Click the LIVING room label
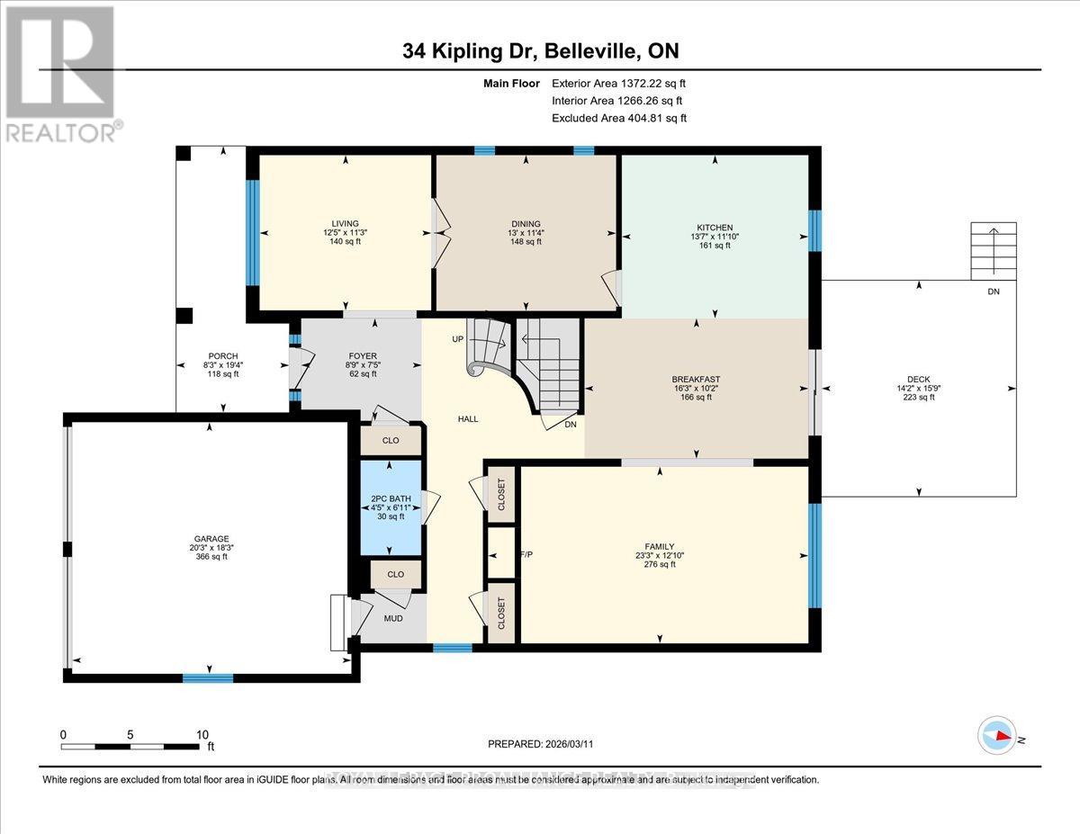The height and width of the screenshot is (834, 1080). pos(345,224)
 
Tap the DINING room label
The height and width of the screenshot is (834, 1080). pos(526,224)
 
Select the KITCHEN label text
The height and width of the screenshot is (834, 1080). pos(715,227)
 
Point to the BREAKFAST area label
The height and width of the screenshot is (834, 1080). pos(697,380)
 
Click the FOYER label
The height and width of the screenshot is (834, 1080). pos(362,355)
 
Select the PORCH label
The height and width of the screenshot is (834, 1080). pos(222,355)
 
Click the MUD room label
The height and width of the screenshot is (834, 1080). pos(392,619)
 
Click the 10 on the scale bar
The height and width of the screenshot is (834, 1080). pos(202,734)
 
